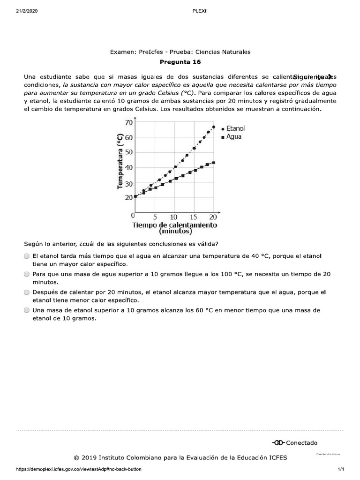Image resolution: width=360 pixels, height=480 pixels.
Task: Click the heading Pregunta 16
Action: pyautogui.click(x=180, y=61)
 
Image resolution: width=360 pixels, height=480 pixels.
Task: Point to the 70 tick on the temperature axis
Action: pyautogui.click(x=127, y=122)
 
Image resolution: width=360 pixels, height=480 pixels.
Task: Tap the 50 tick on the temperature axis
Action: pyautogui.click(x=127, y=152)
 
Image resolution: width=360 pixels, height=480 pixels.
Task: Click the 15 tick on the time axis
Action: pyautogui.click(x=194, y=217)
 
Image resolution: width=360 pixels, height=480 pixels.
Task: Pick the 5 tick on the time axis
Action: pyautogui.click(x=154, y=217)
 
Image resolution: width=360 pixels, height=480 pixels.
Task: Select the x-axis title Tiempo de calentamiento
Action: pyautogui.click(x=175, y=225)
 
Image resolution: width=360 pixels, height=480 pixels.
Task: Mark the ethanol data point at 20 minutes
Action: pyautogui.click(x=214, y=127)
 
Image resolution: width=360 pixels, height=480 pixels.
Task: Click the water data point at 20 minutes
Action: pyautogui.click(x=214, y=163)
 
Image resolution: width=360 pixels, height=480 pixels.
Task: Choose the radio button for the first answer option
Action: pyautogui.click(x=27, y=256)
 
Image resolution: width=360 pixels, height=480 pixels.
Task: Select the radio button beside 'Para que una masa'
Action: pyautogui.click(x=27, y=274)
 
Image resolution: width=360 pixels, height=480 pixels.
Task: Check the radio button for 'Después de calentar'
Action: pyautogui.click(x=27, y=292)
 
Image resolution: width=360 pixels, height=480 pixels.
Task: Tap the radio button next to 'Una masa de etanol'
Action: pyautogui.click(x=27, y=310)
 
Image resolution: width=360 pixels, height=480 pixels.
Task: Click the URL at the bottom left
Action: pyautogui.click(x=79, y=469)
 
